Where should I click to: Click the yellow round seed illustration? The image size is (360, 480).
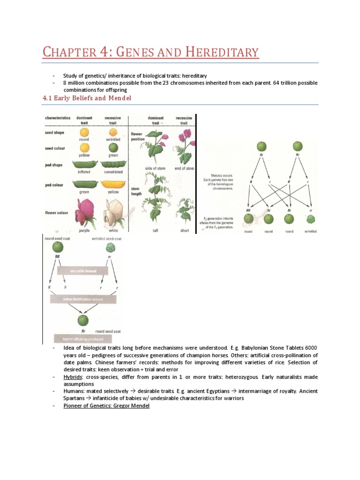(x=85, y=133)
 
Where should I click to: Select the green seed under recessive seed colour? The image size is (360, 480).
(x=113, y=149)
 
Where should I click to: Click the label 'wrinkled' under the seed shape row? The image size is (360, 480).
(x=113, y=140)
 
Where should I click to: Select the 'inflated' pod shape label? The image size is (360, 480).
(x=85, y=171)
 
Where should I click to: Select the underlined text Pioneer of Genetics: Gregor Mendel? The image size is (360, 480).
(x=106, y=405)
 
